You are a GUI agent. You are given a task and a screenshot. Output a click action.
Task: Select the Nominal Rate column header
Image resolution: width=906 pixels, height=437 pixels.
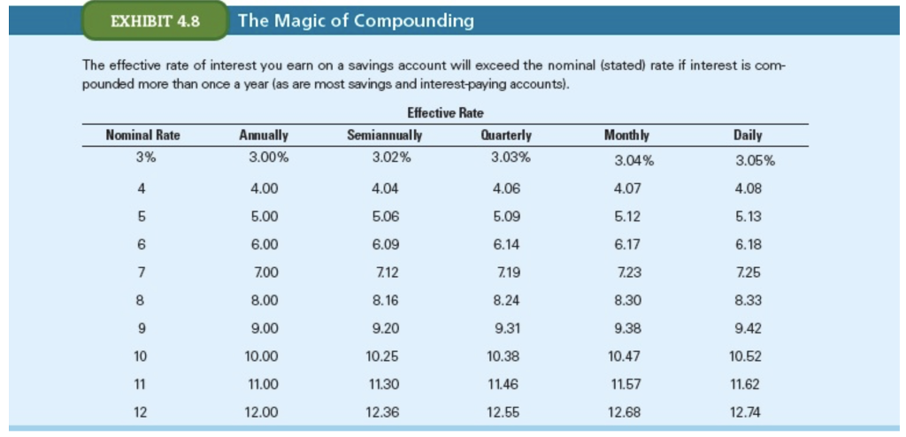point(142,135)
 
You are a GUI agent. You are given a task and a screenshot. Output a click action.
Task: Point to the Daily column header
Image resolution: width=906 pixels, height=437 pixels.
point(748,135)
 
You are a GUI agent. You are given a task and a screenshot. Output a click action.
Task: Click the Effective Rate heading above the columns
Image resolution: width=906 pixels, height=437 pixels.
point(445,113)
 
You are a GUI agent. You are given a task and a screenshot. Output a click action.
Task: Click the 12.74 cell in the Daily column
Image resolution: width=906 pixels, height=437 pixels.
point(748,412)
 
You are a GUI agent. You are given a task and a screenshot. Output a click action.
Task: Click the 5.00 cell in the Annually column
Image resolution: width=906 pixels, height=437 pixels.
point(264,216)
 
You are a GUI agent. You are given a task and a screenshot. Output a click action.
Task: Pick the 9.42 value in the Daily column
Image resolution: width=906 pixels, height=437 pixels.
point(748,328)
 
